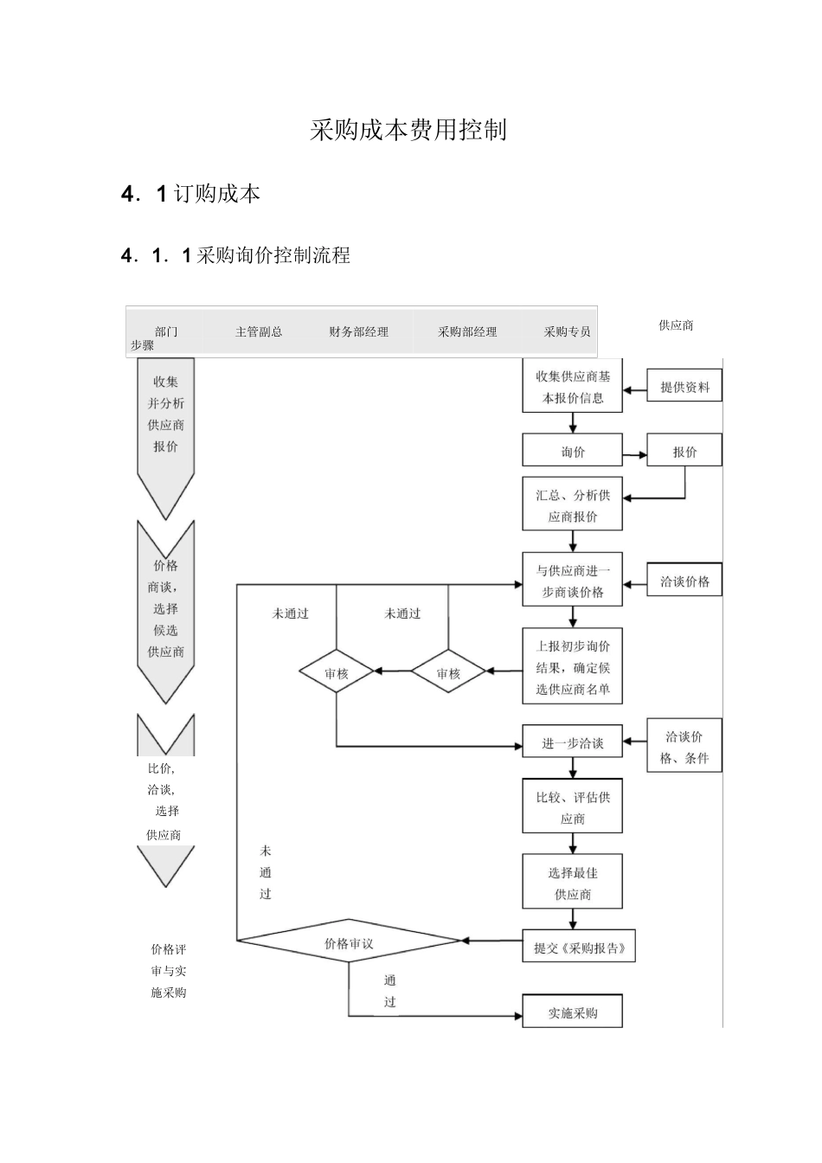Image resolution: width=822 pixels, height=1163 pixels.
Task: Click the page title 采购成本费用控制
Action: (x=408, y=131)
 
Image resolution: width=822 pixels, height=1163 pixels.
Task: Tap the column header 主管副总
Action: (x=259, y=331)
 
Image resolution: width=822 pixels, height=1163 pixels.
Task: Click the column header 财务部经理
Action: (x=358, y=331)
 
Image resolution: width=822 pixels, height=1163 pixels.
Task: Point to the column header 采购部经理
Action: (x=467, y=331)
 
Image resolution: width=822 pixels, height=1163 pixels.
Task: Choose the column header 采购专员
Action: (x=567, y=331)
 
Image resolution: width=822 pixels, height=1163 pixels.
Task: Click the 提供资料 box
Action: (x=684, y=387)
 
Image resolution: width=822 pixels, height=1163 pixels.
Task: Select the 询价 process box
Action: (x=572, y=451)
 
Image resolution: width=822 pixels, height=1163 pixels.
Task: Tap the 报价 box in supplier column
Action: (x=684, y=451)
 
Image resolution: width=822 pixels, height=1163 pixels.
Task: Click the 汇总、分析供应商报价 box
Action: (x=572, y=505)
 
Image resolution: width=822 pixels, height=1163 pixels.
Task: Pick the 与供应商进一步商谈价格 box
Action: (x=572, y=581)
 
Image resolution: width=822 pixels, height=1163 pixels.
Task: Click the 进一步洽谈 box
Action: (x=572, y=742)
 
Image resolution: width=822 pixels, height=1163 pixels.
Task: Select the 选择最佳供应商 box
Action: (x=572, y=883)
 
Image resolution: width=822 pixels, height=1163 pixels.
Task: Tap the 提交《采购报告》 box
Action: (x=579, y=948)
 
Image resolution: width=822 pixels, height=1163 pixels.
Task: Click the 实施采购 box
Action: (x=572, y=1012)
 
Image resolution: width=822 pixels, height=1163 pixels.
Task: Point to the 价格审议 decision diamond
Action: (x=349, y=942)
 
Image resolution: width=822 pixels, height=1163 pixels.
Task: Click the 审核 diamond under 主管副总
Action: (x=337, y=672)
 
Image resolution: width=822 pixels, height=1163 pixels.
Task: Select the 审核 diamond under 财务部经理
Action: (x=448, y=672)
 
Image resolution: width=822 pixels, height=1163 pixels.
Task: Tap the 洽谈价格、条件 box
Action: (x=684, y=747)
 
